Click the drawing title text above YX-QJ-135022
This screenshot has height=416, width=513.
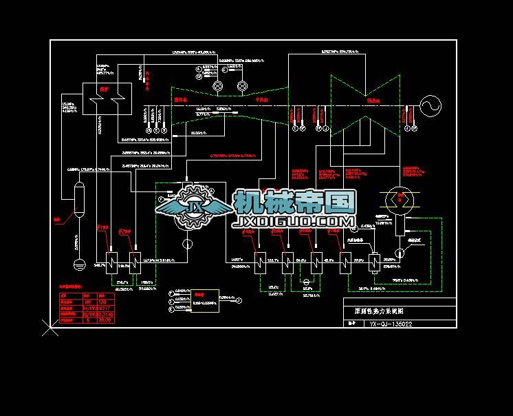[x=378, y=311]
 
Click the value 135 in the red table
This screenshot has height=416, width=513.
[x=103, y=301]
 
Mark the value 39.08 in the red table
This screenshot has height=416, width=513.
[x=105, y=320]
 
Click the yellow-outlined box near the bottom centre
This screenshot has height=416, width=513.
[x=195, y=299]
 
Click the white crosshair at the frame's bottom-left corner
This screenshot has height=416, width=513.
[x=50, y=329]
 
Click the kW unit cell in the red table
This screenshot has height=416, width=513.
[x=87, y=301]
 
